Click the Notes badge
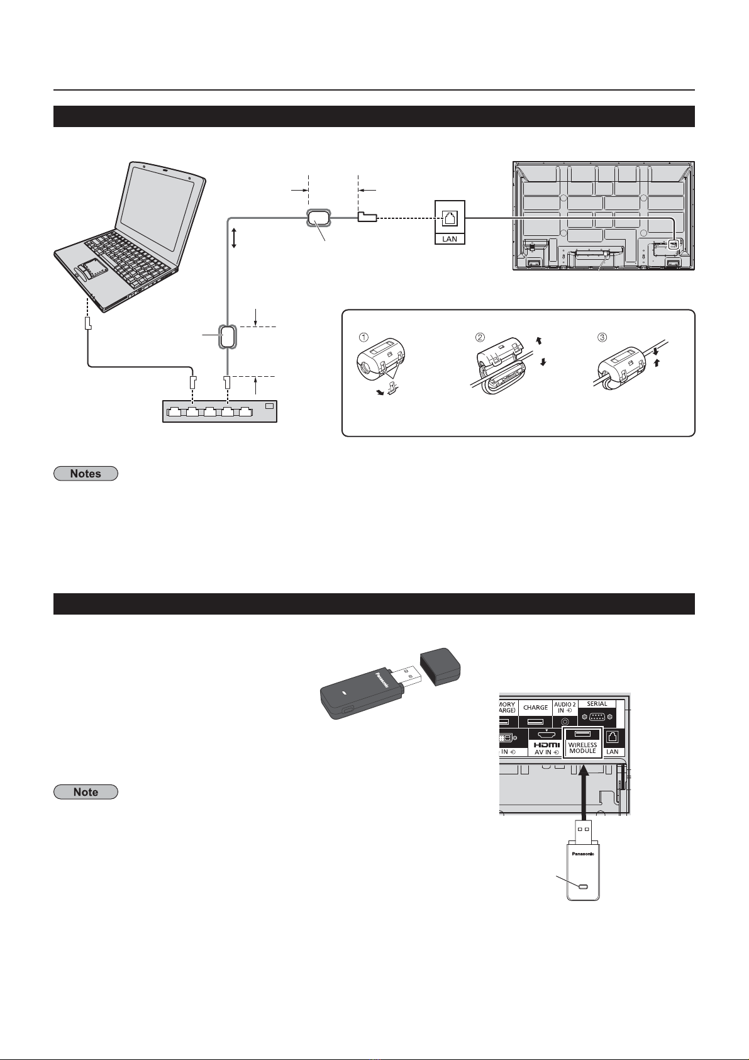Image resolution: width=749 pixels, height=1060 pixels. coord(86,474)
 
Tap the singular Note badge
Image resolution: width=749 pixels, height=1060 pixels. coord(86,792)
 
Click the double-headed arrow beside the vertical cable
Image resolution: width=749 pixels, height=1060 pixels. coord(234,238)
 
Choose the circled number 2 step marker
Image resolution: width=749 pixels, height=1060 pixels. coord(480,337)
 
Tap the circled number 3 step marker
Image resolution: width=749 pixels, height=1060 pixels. coord(602,337)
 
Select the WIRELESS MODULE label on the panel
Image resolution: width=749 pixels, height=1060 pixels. coord(582,748)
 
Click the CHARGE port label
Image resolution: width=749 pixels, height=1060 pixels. coord(536,707)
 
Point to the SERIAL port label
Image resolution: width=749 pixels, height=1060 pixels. coord(597,704)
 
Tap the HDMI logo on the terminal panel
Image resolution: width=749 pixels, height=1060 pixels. coord(545,745)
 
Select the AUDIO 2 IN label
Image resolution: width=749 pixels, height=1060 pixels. coord(565,708)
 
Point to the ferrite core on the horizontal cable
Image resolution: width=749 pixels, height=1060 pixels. coord(319,218)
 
